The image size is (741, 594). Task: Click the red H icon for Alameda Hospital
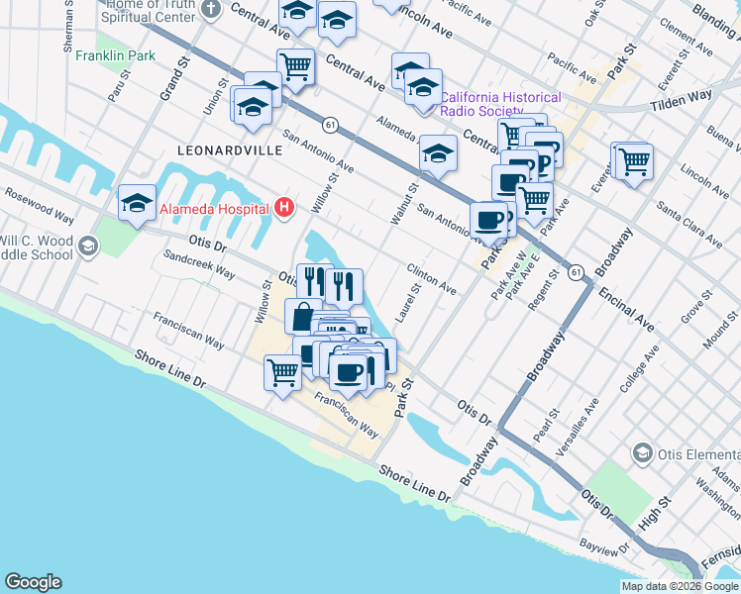[285, 207]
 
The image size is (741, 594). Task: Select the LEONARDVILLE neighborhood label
[229, 149]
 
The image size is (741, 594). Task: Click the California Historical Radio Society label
[499, 104]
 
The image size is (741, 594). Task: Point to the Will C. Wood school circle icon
[88, 246]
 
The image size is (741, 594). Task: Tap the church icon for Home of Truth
[210, 10]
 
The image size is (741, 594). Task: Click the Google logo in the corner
[33, 582]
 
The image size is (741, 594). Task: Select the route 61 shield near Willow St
[330, 125]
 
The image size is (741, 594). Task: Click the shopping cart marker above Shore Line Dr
[282, 373]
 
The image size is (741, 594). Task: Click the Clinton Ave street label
[432, 279]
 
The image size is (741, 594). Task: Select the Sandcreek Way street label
[199, 264]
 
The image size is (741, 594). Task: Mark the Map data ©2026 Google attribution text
[679, 586]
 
